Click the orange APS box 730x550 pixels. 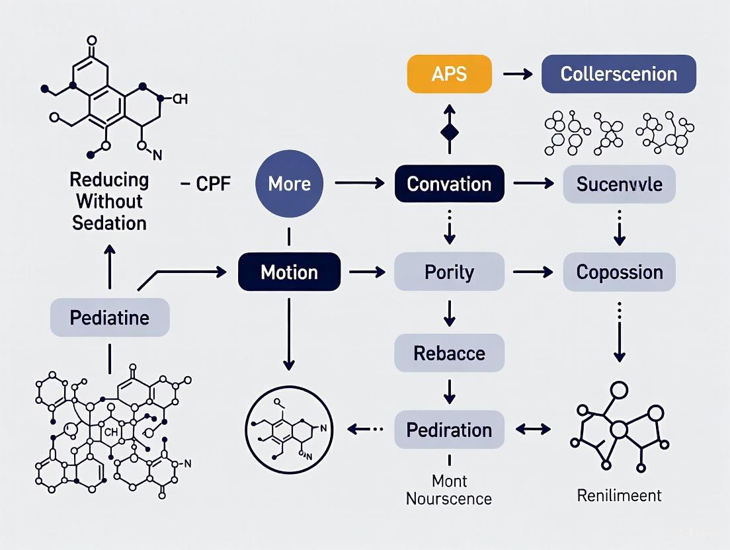pyautogui.click(x=449, y=73)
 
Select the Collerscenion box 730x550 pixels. pyautogui.click(x=618, y=73)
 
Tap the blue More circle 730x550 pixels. pyautogui.click(x=289, y=184)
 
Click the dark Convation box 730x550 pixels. pyautogui.click(x=449, y=184)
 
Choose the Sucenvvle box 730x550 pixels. pyautogui.click(x=619, y=184)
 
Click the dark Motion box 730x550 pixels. pyautogui.click(x=289, y=272)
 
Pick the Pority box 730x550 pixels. pyautogui.click(x=449, y=272)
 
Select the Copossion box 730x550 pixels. pyautogui.click(x=619, y=272)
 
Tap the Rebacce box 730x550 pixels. pyautogui.click(x=449, y=352)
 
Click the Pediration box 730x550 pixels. pyautogui.click(x=449, y=430)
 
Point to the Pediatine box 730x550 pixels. pyautogui.click(x=110, y=317)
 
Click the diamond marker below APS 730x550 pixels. pyautogui.click(x=449, y=131)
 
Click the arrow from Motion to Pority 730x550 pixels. pyautogui.click(x=367, y=272)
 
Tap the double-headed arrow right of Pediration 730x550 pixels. pyautogui.click(x=533, y=430)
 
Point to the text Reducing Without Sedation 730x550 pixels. pyautogui.click(x=110, y=200)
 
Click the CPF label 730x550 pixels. pyautogui.click(x=206, y=184)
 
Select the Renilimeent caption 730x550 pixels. pyautogui.click(x=619, y=495)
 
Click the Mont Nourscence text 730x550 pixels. pyautogui.click(x=449, y=490)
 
